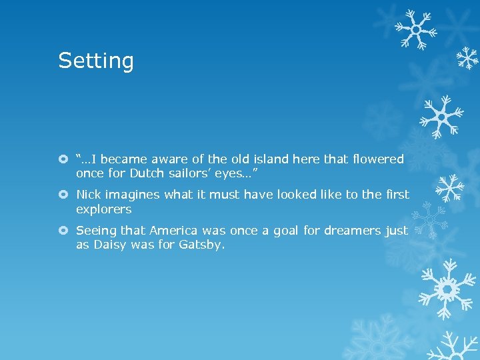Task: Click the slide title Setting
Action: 96,61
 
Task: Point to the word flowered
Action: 375,159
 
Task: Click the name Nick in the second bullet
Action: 88,195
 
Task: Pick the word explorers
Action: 103,209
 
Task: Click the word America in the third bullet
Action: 174,231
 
